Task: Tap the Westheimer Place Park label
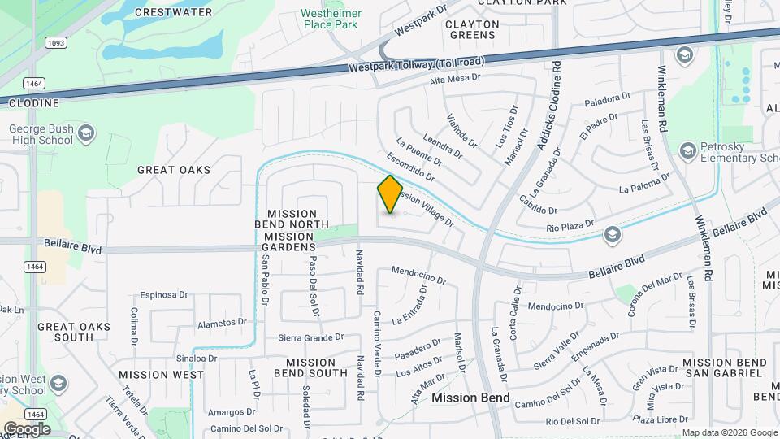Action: pos(331,19)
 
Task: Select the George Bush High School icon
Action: pos(87,133)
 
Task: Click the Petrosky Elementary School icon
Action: pos(688,151)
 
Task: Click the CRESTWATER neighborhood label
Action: pos(174,12)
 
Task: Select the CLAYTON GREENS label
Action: pos(471,30)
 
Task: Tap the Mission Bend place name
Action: pos(470,398)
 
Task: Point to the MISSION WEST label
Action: pos(161,375)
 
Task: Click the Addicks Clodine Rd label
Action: pos(547,106)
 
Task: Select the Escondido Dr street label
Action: pos(410,166)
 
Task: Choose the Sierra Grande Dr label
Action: pos(312,337)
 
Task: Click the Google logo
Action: pos(26,428)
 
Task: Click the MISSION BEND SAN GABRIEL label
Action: pos(725,367)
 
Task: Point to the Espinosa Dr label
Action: pos(163,295)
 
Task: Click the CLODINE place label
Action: pos(35,103)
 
